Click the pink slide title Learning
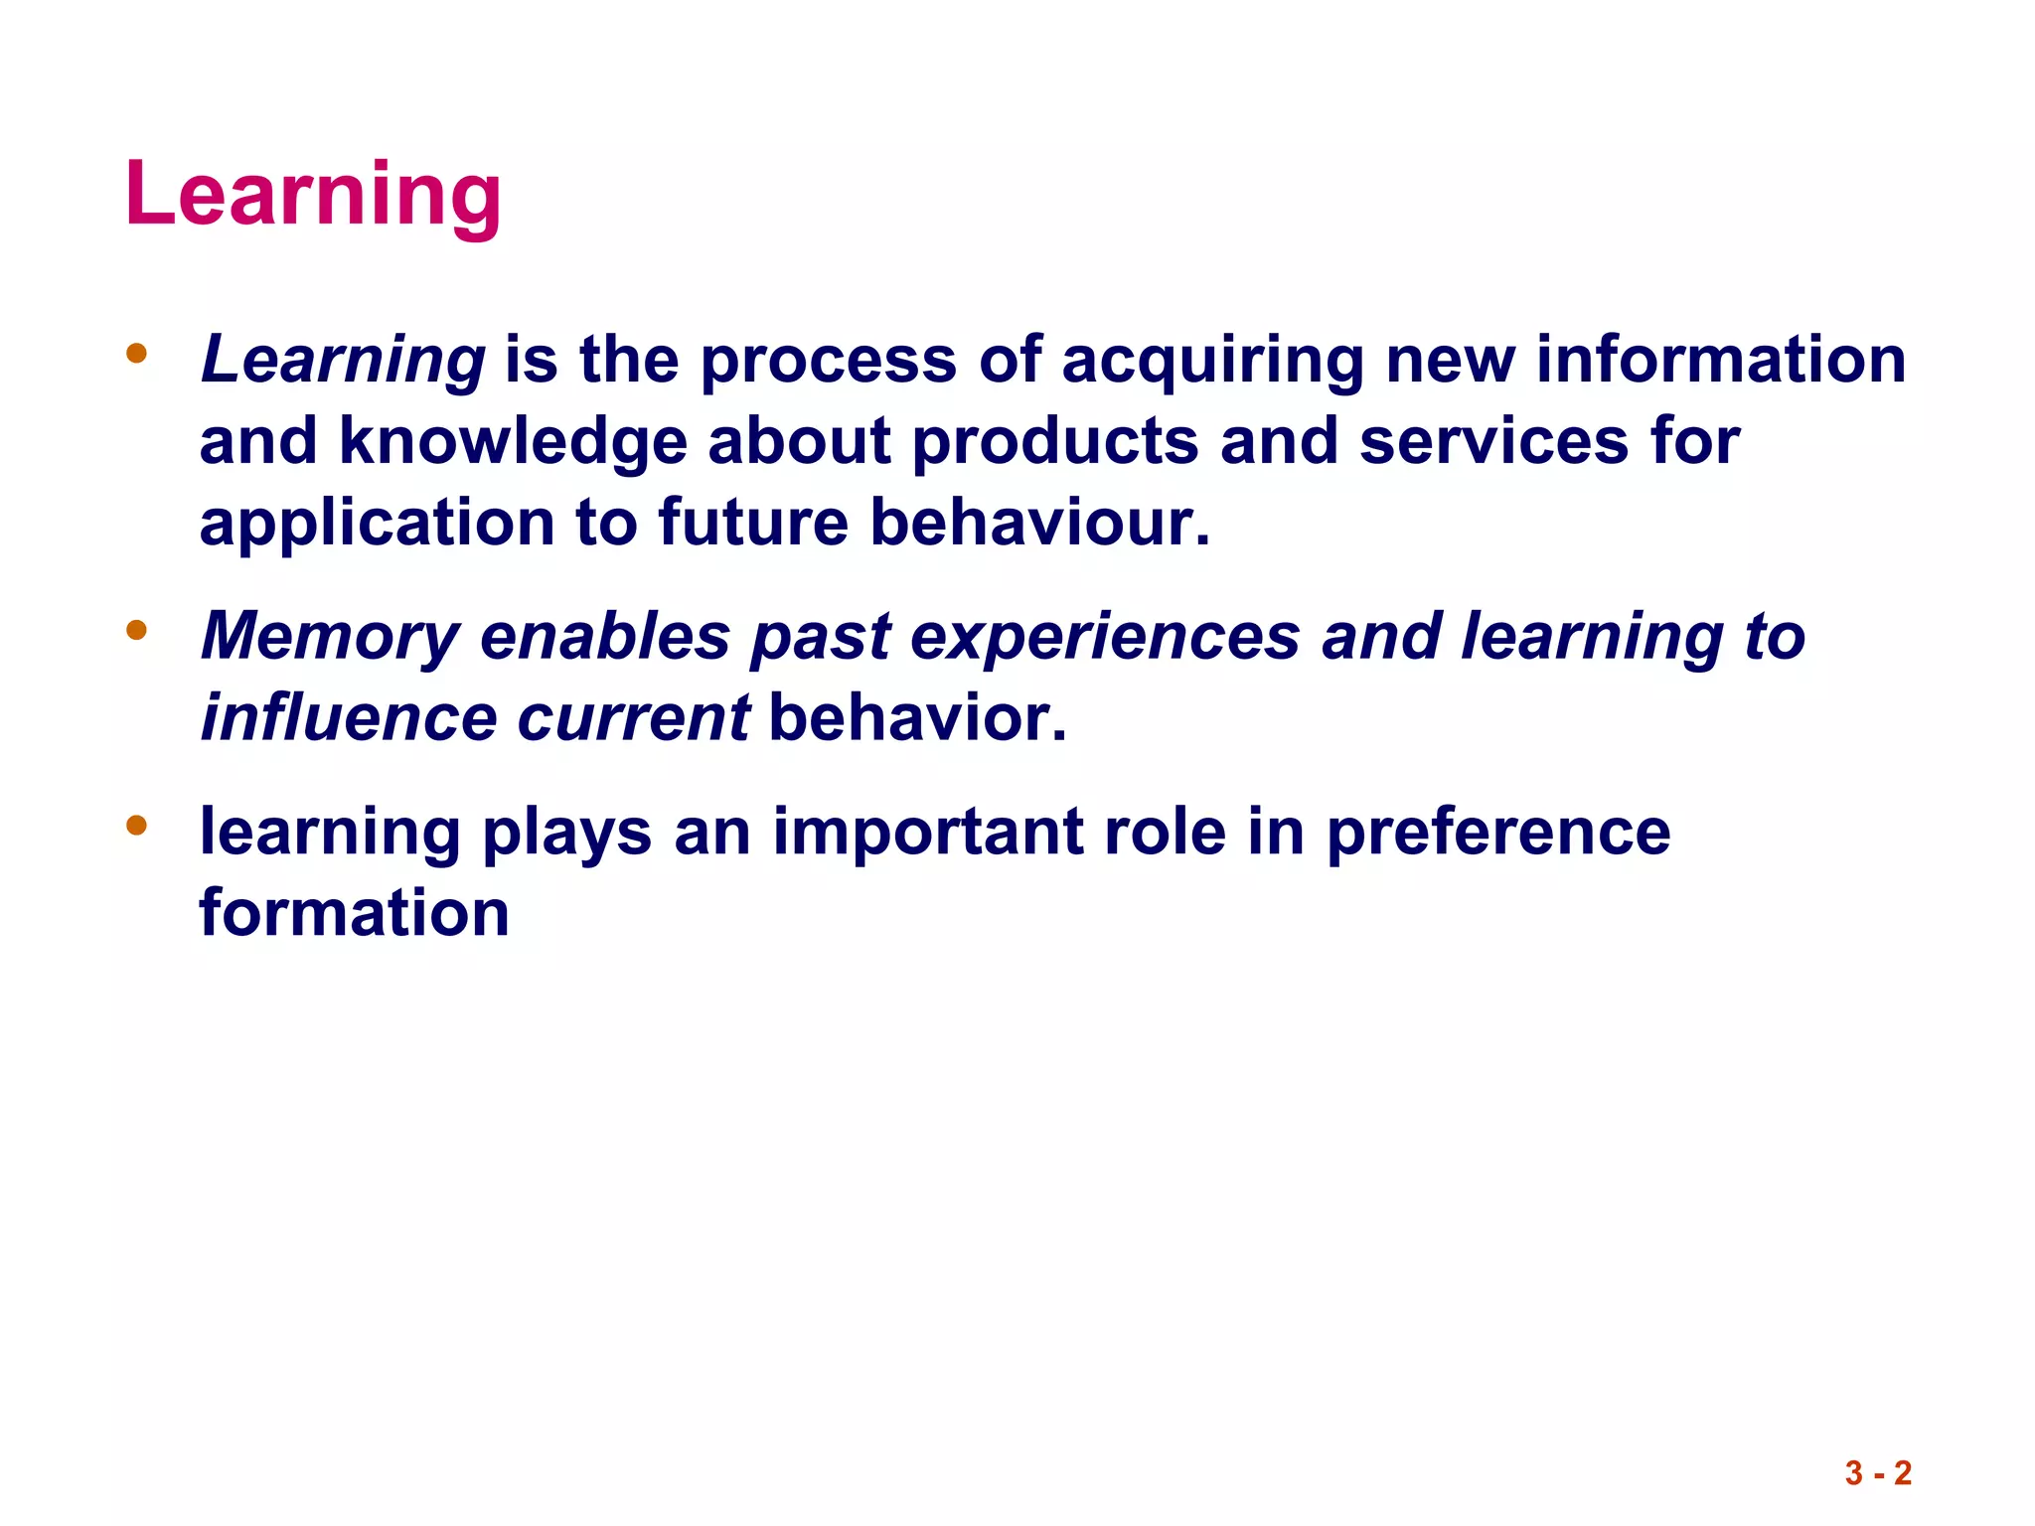click(313, 195)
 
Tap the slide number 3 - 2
click(1878, 1472)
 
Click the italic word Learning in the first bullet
click(343, 360)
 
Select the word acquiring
click(1213, 362)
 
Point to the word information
click(1721, 360)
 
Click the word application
click(377, 525)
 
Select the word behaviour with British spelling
click(1039, 523)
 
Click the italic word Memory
click(330, 638)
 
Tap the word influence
click(349, 717)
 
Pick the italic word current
click(633, 719)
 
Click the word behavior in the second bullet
click(916, 717)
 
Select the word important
click(928, 833)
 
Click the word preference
click(1498, 833)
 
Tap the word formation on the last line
click(355, 914)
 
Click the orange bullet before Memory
click(137, 630)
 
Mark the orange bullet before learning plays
click(137, 825)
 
